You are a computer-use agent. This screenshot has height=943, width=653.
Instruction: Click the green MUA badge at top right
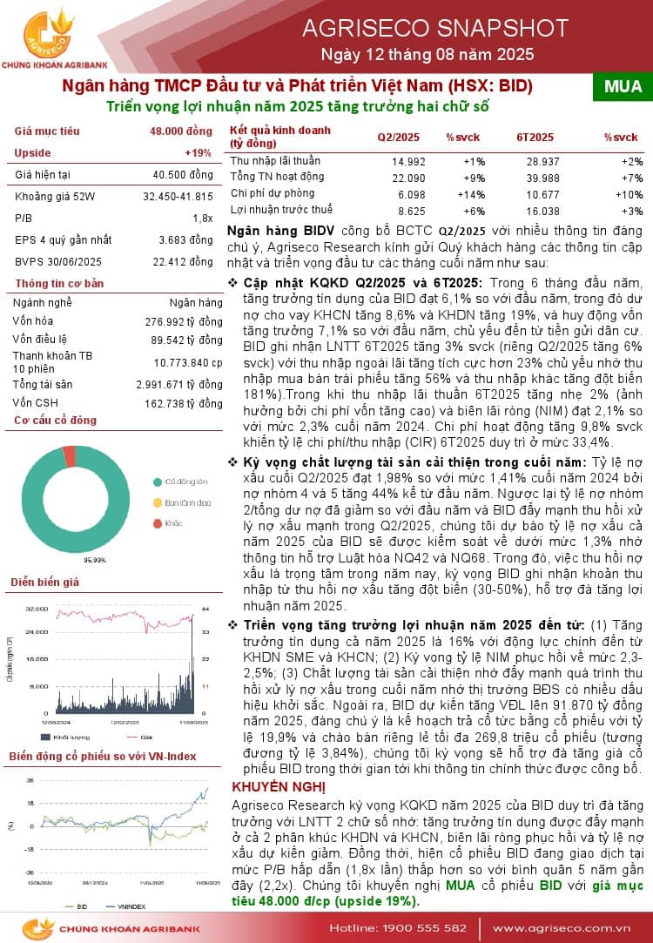pyautogui.click(x=623, y=86)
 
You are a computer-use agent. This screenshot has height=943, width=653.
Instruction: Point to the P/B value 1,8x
pyautogui.click(x=202, y=218)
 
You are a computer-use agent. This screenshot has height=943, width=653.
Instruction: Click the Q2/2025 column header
pyautogui.click(x=398, y=138)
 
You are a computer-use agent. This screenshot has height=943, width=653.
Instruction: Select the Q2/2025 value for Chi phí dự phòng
pyautogui.click(x=405, y=194)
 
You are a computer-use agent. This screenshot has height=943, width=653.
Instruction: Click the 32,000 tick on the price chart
pyautogui.click(x=37, y=609)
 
